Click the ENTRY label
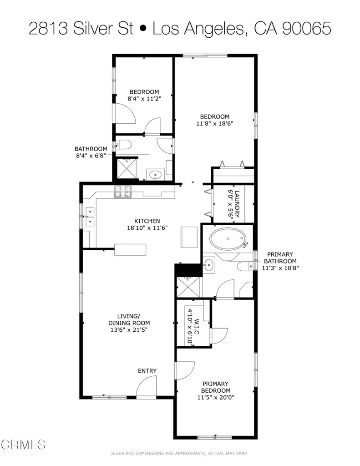[x=147, y=371]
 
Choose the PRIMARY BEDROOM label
[x=216, y=387]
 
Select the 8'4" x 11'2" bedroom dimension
[x=144, y=98]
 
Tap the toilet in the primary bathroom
[x=246, y=266]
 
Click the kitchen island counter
[x=131, y=250]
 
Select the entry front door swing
[x=146, y=387]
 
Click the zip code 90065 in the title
[x=306, y=29]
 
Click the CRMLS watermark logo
[x=23, y=444]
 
